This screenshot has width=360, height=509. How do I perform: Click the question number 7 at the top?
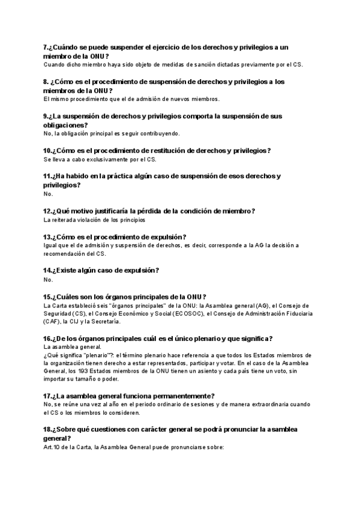coord(46,47)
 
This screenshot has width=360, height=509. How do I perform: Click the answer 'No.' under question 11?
coord(49,194)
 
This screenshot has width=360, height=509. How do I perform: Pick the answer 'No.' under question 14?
coord(49,280)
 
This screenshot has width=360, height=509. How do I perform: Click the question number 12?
coord(48,211)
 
